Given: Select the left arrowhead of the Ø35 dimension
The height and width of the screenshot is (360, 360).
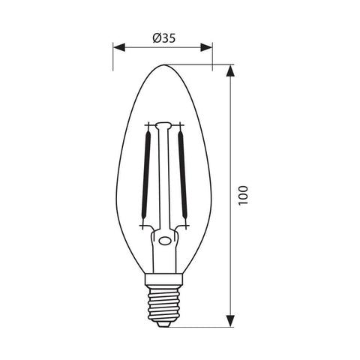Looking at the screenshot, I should pyautogui.click(x=118, y=49).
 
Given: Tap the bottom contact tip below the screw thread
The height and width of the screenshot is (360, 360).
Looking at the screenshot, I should pyautogui.click(x=163, y=325).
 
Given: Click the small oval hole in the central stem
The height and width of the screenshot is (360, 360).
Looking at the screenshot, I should pyautogui.click(x=163, y=241).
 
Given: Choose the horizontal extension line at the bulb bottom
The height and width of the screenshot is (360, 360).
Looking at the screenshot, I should pyautogui.click(x=202, y=328).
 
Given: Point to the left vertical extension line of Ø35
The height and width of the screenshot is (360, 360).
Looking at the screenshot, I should pyautogui.click(x=113, y=56).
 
